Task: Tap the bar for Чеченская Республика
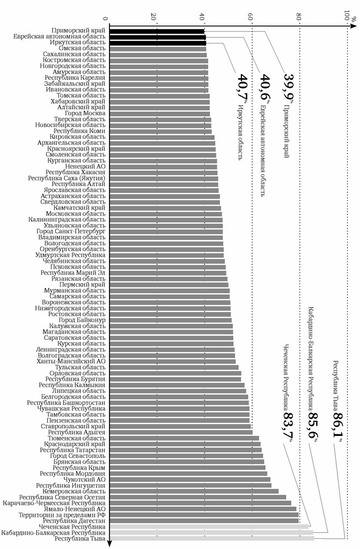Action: tap(209, 526)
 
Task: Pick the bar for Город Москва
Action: tap(160, 114)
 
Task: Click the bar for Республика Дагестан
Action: tap(204, 520)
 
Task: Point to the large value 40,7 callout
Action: tap(243, 87)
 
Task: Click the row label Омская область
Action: tap(82, 49)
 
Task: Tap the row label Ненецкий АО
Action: tap(85, 167)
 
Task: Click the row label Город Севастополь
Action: tap(78, 456)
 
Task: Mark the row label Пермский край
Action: tap(85, 285)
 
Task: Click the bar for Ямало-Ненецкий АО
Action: tap(202, 509)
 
